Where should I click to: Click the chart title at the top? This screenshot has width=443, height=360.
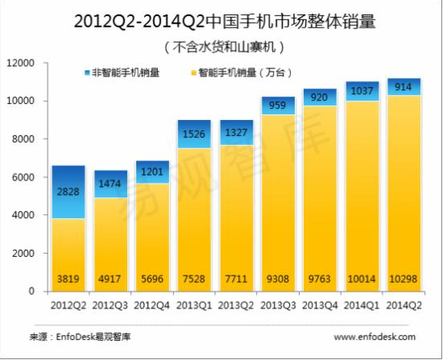coord(221,20)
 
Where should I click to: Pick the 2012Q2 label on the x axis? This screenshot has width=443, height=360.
coord(68,307)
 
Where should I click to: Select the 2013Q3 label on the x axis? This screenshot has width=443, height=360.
coord(276,307)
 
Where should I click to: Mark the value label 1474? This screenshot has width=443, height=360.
coord(110,184)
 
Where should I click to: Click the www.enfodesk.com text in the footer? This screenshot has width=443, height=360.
coord(375,336)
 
